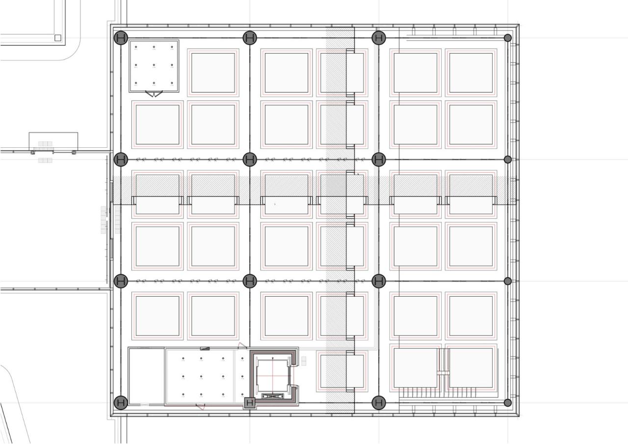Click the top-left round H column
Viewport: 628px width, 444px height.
(121, 38)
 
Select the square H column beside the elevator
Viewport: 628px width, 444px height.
(250, 403)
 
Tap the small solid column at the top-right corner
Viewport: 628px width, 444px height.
(508, 38)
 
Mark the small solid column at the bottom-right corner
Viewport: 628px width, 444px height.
(508, 403)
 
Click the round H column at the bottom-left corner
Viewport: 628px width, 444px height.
(121, 403)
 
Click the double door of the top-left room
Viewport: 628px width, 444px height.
(154, 93)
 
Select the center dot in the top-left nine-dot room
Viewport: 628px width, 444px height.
(154, 65)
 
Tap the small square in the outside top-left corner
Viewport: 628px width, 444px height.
(57, 38)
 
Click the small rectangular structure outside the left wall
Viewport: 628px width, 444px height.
(53, 141)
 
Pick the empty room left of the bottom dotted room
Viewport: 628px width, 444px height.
(146, 376)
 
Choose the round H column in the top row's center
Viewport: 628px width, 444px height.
(250, 38)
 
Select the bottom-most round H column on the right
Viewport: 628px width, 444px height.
(378, 403)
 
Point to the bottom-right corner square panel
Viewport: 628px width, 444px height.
(471, 367)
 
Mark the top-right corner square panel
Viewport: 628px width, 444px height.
(471, 73)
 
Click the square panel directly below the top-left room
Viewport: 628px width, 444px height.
(157, 124)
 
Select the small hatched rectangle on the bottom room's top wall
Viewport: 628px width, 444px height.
(205, 348)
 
